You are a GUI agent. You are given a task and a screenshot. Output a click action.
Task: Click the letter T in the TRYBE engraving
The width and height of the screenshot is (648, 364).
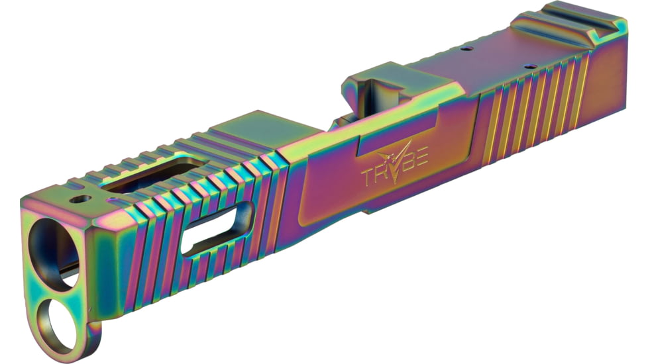tap(369, 177)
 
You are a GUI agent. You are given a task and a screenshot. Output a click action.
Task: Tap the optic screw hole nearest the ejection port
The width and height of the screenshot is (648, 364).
tap(468, 48)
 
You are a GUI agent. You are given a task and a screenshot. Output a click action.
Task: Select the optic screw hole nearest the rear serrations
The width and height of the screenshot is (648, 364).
tap(530, 67)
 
